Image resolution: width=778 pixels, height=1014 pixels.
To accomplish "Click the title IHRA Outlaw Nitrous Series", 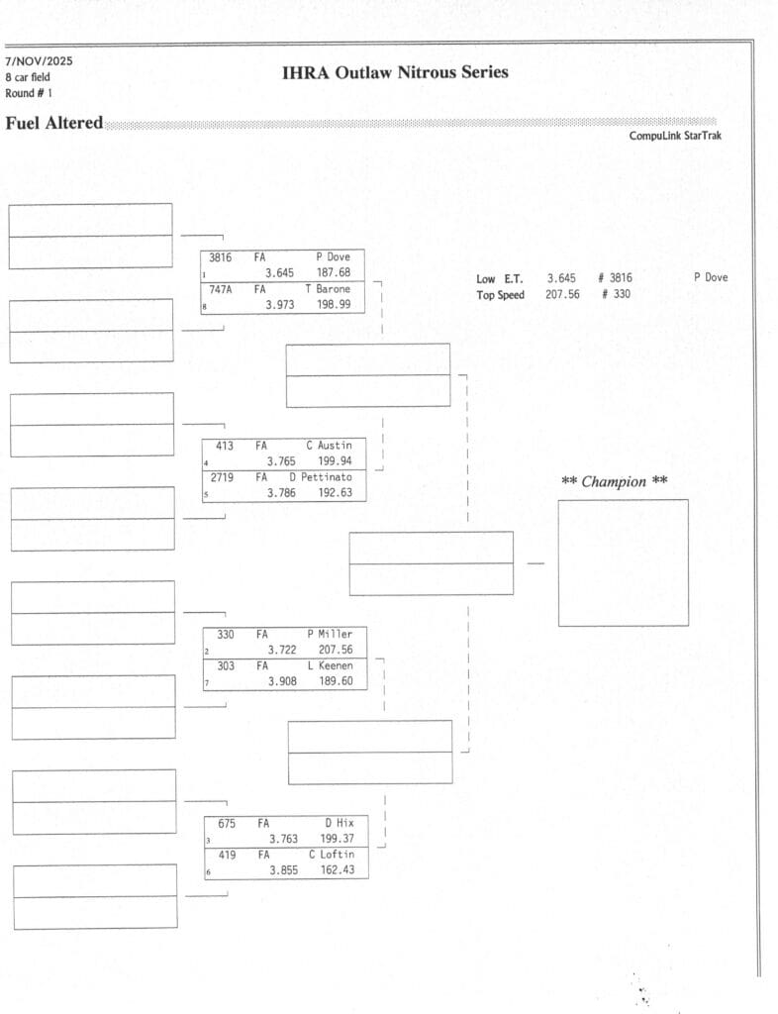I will pyautogui.click(x=395, y=72).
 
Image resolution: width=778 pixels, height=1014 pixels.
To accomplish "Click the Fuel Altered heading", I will pyautogui.click(x=54, y=124).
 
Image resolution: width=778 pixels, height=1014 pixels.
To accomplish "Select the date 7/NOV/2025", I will pyautogui.click(x=39, y=61).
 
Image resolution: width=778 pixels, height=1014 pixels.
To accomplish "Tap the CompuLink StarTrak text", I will pyautogui.click(x=675, y=136).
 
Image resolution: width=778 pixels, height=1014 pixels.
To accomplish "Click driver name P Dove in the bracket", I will pyautogui.click(x=333, y=257).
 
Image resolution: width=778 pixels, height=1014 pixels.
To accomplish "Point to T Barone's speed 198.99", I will pyautogui.click(x=335, y=305).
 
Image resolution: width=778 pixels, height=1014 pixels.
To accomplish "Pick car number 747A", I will pyautogui.click(x=221, y=289).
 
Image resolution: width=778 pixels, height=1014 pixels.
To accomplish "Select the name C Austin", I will pyautogui.click(x=329, y=446).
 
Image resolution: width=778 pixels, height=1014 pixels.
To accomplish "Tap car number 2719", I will pyautogui.click(x=223, y=477).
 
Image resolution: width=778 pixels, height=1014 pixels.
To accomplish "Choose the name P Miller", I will pyautogui.click(x=330, y=635).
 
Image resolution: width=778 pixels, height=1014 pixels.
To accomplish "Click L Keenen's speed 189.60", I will pyautogui.click(x=336, y=681).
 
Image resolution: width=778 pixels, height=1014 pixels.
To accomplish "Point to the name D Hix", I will pyautogui.click(x=340, y=823).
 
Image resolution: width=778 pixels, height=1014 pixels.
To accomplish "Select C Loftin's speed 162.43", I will pyautogui.click(x=337, y=870).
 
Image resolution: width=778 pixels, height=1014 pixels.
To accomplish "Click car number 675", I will pyautogui.click(x=227, y=823).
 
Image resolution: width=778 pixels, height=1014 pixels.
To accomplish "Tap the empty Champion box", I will pyautogui.click(x=623, y=562).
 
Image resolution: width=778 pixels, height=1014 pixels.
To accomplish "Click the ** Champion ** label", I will pyautogui.click(x=614, y=482).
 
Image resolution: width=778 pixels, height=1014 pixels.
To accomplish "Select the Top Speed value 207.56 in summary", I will pyautogui.click(x=562, y=295).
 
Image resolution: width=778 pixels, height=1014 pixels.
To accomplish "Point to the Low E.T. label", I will pyautogui.click(x=499, y=279).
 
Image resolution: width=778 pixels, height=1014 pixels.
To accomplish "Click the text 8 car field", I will pyautogui.click(x=28, y=77).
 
